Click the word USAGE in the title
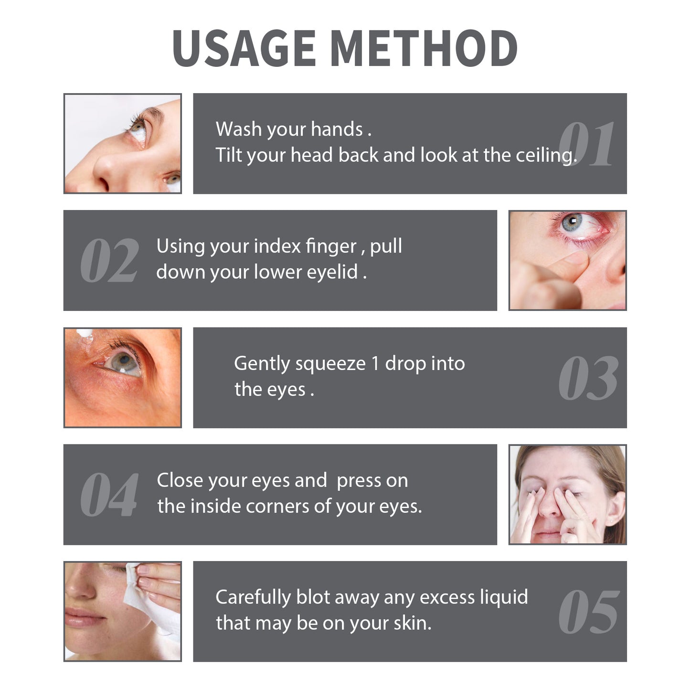pyautogui.click(x=244, y=48)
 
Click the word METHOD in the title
pyautogui.click(x=424, y=48)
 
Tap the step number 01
pyautogui.click(x=586, y=144)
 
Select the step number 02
pyautogui.click(x=109, y=261)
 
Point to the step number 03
pyautogui.click(x=588, y=378)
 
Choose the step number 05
pyautogui.click(x=588, y=612)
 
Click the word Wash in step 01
pyautogui.click(x=238, y=129)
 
